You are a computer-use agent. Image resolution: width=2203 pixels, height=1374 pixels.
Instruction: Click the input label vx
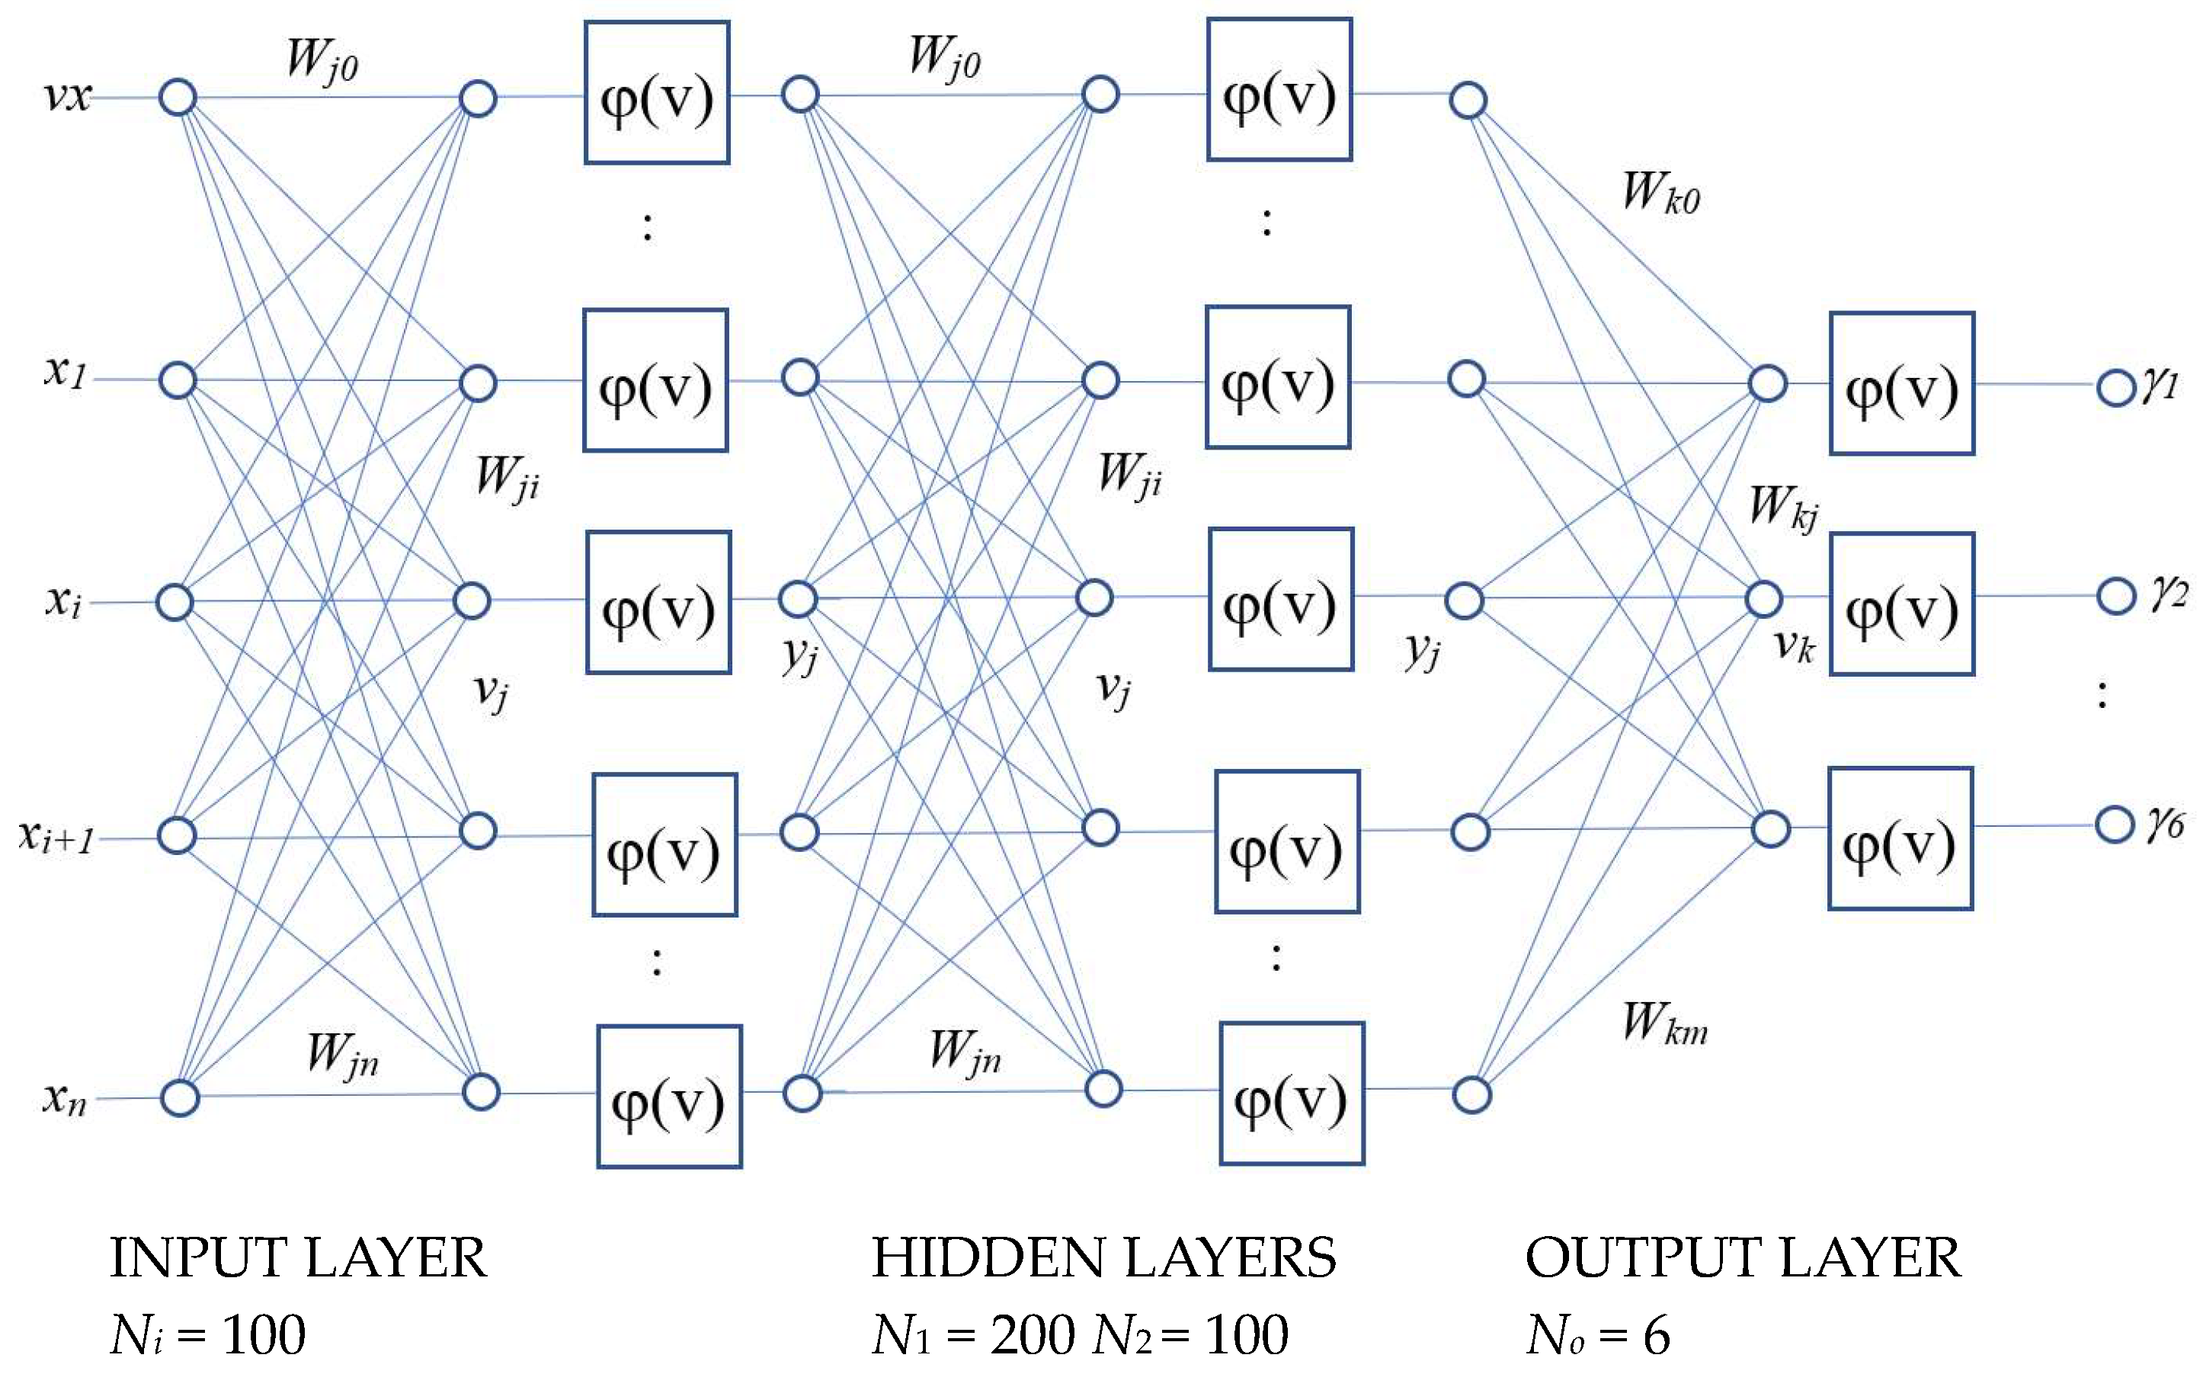point(67,96)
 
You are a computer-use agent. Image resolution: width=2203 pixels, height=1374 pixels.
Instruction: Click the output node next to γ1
point(2116,389)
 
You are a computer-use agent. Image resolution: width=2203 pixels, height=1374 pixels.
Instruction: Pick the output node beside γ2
point(2116,597)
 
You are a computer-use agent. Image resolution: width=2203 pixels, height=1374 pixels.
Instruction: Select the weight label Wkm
point(1665,1024)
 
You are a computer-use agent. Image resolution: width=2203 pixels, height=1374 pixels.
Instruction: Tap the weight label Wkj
point(1783,507)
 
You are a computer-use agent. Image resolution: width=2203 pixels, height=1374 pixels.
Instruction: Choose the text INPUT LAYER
point(298,1259)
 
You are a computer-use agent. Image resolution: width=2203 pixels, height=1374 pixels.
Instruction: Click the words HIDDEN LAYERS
point(1103,1259)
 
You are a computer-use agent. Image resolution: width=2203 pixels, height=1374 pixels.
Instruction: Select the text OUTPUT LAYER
point(1743,1259)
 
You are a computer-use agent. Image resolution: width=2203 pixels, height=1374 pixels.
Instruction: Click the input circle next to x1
point(178,380)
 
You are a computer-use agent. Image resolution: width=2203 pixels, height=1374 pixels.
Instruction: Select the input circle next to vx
point(178,98)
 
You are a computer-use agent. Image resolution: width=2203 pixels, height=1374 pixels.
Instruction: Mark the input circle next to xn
point(179,1097)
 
